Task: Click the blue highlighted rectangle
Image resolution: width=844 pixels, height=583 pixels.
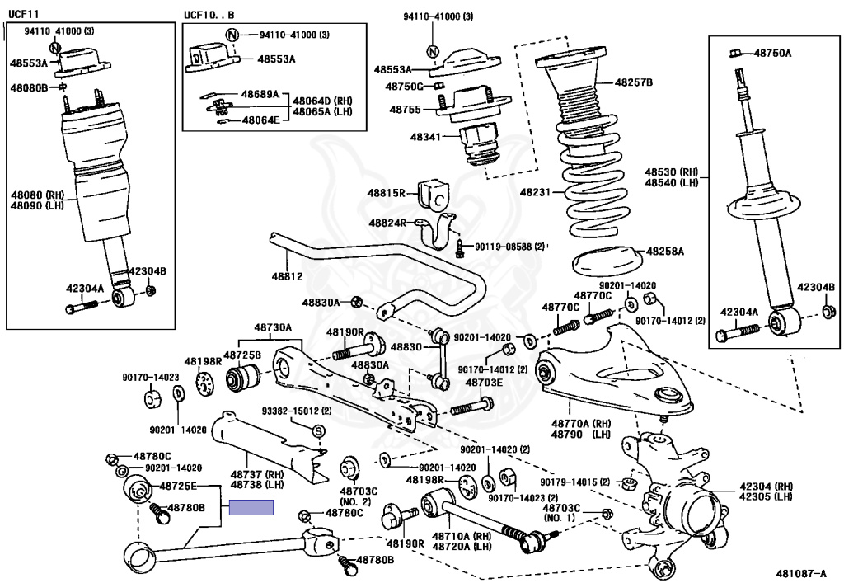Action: point(251,508)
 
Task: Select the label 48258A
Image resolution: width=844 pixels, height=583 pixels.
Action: point(664,250)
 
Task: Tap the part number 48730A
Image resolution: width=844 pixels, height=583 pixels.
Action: point(273,327)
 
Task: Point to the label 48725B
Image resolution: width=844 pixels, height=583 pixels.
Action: point(242,355)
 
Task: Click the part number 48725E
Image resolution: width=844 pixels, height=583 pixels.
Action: point(178,487)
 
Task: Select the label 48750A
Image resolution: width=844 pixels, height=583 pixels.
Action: point(771,54)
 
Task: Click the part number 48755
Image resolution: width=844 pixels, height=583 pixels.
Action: point(406,109)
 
